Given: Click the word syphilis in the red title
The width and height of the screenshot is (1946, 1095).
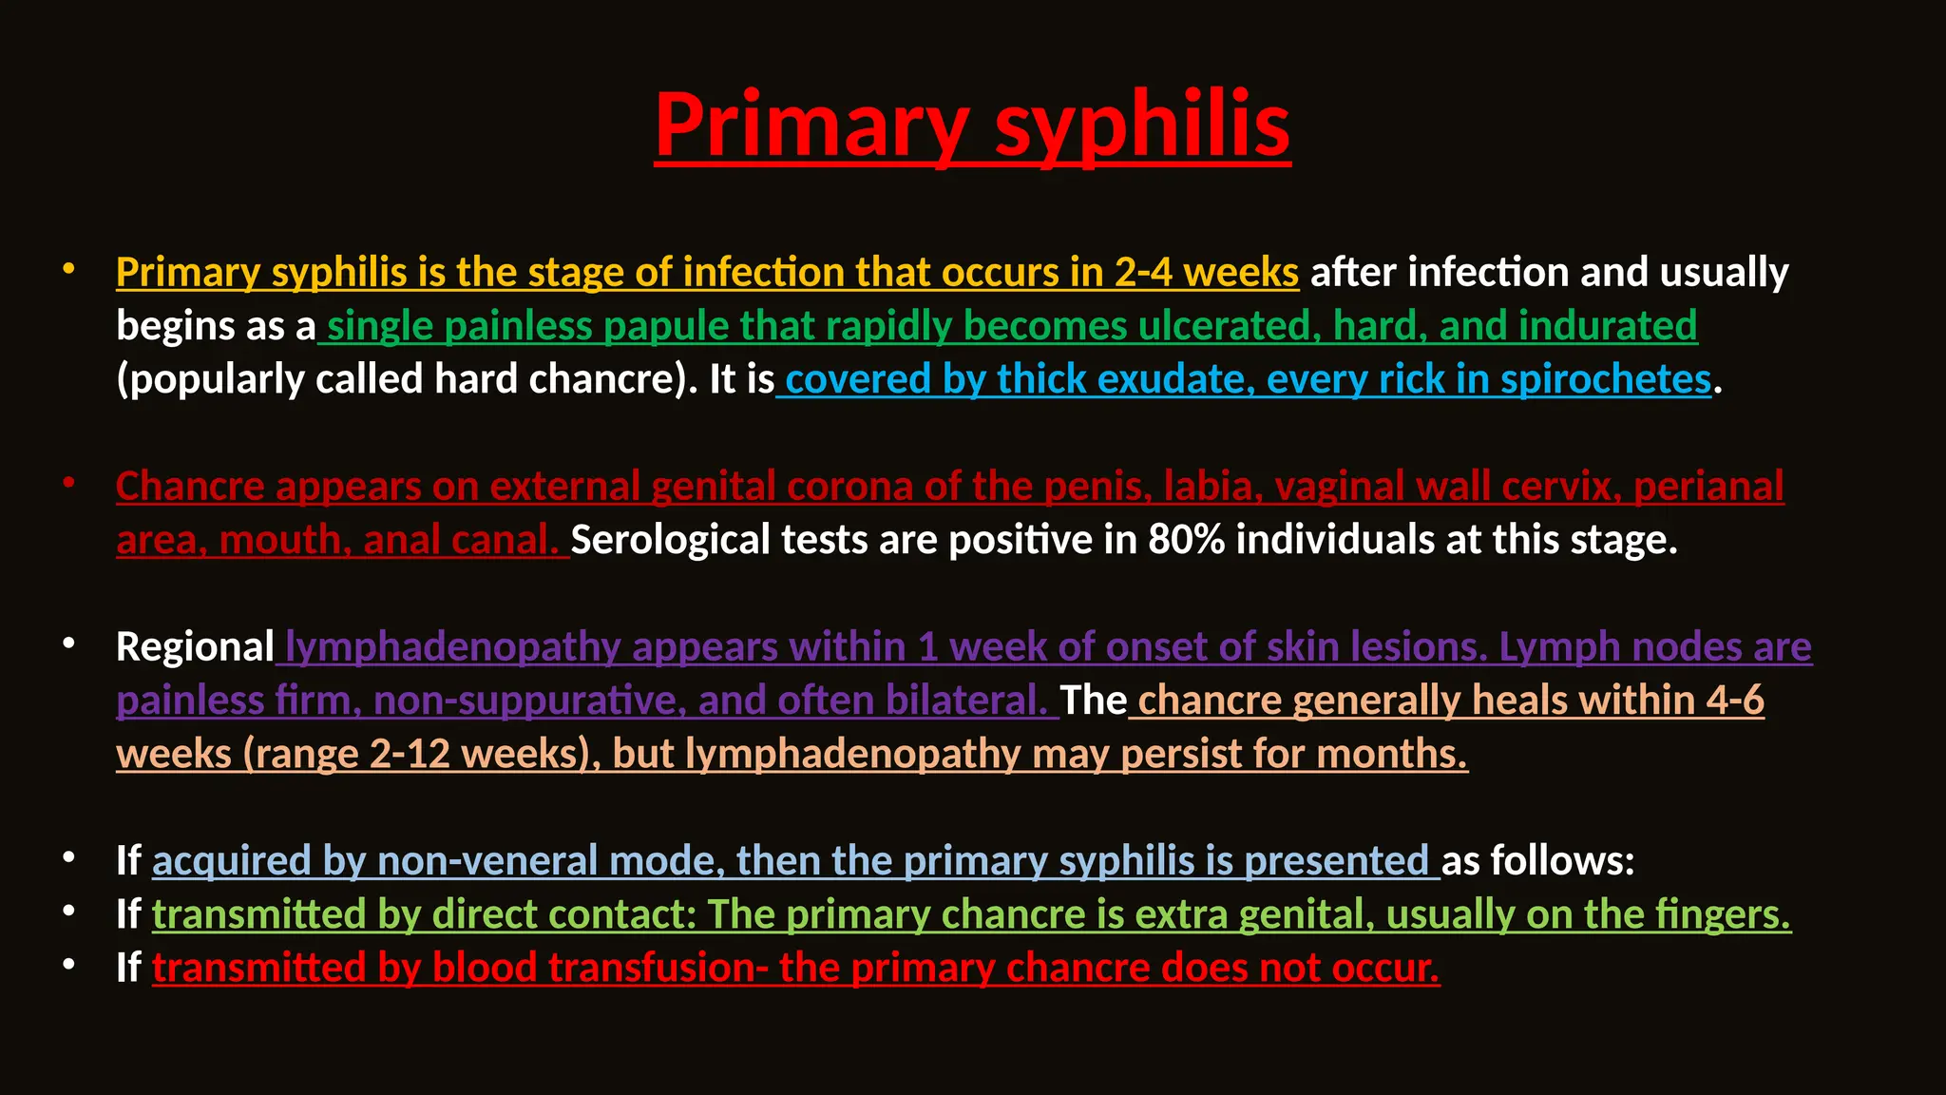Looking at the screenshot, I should coord(1142,126).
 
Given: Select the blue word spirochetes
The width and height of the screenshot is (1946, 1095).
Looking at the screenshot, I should coord(1605,380).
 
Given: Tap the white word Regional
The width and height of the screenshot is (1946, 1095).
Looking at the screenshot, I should coord(195,647).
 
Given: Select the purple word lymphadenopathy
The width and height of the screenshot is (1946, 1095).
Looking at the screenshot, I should coord(452,647).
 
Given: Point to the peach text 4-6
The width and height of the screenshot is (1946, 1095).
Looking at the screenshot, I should coord(1734,701).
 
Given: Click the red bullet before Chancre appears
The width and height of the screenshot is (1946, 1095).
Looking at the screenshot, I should coord(68,483).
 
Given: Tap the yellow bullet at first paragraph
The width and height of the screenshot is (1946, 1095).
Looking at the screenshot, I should coord(68,269).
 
